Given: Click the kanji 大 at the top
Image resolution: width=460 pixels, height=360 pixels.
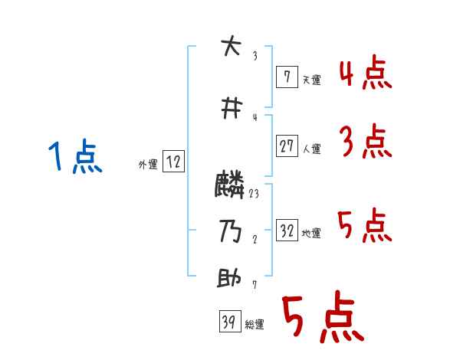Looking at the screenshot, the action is (229, 47).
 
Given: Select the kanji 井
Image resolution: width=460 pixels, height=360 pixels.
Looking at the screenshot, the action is (229, 110).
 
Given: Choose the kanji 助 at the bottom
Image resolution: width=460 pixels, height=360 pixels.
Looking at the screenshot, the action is (229, 278).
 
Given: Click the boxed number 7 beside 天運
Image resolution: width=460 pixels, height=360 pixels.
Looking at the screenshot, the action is (286, 77).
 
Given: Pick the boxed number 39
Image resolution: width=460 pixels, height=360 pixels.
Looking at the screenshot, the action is (228, 322).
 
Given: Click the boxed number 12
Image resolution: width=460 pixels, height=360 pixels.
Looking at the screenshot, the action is (173, 162).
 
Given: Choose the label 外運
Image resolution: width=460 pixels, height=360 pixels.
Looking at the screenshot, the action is (148, 165).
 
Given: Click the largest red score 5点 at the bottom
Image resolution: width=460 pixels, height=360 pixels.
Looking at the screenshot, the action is (322, 319).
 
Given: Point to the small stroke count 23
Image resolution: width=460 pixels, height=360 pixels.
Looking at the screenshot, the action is (254, 194).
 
